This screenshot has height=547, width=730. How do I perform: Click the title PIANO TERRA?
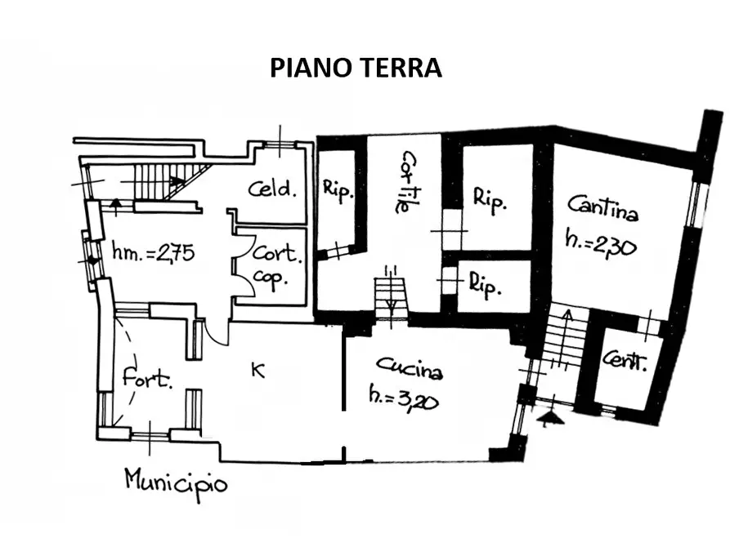[356, 68]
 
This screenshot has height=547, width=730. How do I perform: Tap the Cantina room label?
[603, 209]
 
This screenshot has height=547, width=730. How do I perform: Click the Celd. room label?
[271, 189]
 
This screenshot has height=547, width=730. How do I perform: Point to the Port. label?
[147, 379]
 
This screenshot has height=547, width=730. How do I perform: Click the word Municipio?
[176, 481]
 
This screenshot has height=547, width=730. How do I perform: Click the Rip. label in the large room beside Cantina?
[490, 199]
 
